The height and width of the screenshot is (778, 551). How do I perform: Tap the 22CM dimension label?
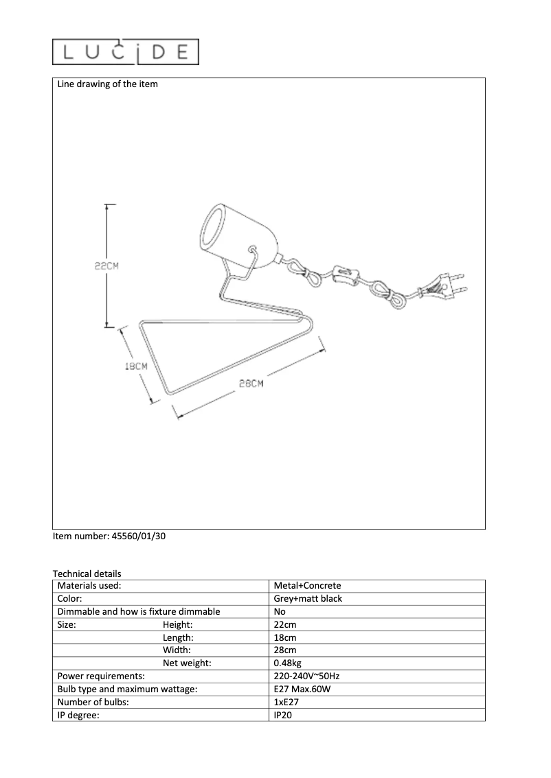point(106,267)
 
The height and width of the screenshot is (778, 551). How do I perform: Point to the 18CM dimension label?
point(136,366)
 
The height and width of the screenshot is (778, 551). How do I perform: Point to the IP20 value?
point(283,716)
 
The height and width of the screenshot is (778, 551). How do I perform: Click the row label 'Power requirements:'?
point(101,676)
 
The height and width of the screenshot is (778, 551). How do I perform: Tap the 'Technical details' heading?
point(87,574)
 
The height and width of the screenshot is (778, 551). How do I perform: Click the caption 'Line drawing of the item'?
point(107,84)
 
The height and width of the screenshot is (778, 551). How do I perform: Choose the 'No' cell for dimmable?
point(280,611)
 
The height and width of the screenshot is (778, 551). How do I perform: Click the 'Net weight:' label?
point(187,663)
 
